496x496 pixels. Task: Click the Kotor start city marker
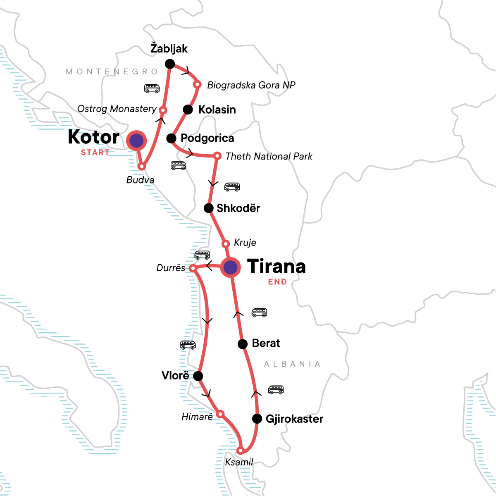tap(136, 141)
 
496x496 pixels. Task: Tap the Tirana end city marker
tap(230, 267)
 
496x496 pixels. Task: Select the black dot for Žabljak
tap(169, 64)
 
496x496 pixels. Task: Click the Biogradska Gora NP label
tap(251, 85)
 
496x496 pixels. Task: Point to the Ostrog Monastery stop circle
tap(163, 110)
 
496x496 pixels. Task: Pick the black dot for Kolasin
tap(188, 110)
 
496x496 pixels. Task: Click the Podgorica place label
tap(207, 138)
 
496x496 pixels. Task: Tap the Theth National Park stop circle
tap(217, 156)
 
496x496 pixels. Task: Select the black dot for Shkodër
tap(209, 208)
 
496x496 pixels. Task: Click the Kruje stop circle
tap(226, 244)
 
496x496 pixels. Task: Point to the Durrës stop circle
tap(193, 269)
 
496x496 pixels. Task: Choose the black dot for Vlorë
tap(198, 376)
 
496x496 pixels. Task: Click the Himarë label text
tap(197, 417)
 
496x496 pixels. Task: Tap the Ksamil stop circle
tap(240, 451)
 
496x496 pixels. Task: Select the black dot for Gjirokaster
tap(257, 419)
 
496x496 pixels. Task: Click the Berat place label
tap(266, 343)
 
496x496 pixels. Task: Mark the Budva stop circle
tap(142, 167)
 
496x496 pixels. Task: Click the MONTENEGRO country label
tap(112, 72)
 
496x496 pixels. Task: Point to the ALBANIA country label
tap(292, 364)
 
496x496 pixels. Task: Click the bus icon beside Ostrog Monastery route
tap(152, 88)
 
